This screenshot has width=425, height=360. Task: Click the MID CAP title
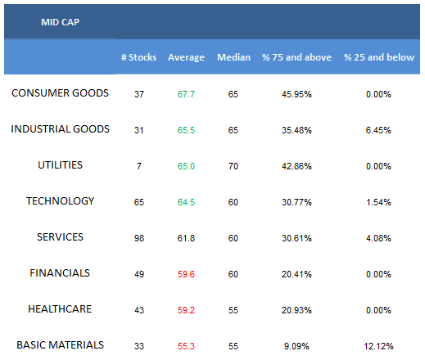click(x=60, y=22)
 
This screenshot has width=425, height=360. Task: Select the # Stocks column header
click(x=138, y=57)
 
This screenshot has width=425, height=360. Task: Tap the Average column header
click(x=186, y=57)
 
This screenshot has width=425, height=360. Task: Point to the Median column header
click(x=233, y=57)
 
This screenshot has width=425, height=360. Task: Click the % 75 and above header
click(x=296, y=57)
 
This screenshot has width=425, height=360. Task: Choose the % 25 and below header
click(x=379, y=57)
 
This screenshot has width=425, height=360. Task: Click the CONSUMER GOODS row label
click(x=60, y=93)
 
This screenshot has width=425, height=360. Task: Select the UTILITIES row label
click(x=60, y=165)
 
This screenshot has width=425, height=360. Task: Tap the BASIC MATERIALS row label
click(x=60, y=345)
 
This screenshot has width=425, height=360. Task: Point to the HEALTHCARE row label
click(x=60, y=309)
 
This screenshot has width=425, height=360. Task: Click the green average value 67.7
click(x=186, y=94)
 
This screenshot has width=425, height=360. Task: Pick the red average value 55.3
click(x=186, y=346)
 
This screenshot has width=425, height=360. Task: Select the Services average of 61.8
click(x=186, y=238)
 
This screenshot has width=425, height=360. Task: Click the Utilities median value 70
click(x=233, y=166)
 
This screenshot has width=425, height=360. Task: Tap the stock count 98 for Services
click(x=139, y=238)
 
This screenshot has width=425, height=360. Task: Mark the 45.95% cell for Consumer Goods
click(x=296, y=94)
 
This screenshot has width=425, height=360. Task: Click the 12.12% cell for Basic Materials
click(x=378, y=346)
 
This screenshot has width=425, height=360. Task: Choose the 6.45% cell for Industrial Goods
click(x=378, y=130)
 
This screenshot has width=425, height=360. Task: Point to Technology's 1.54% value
click(x=378, y=202)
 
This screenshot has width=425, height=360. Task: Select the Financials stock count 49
click(x=139, y=274)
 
